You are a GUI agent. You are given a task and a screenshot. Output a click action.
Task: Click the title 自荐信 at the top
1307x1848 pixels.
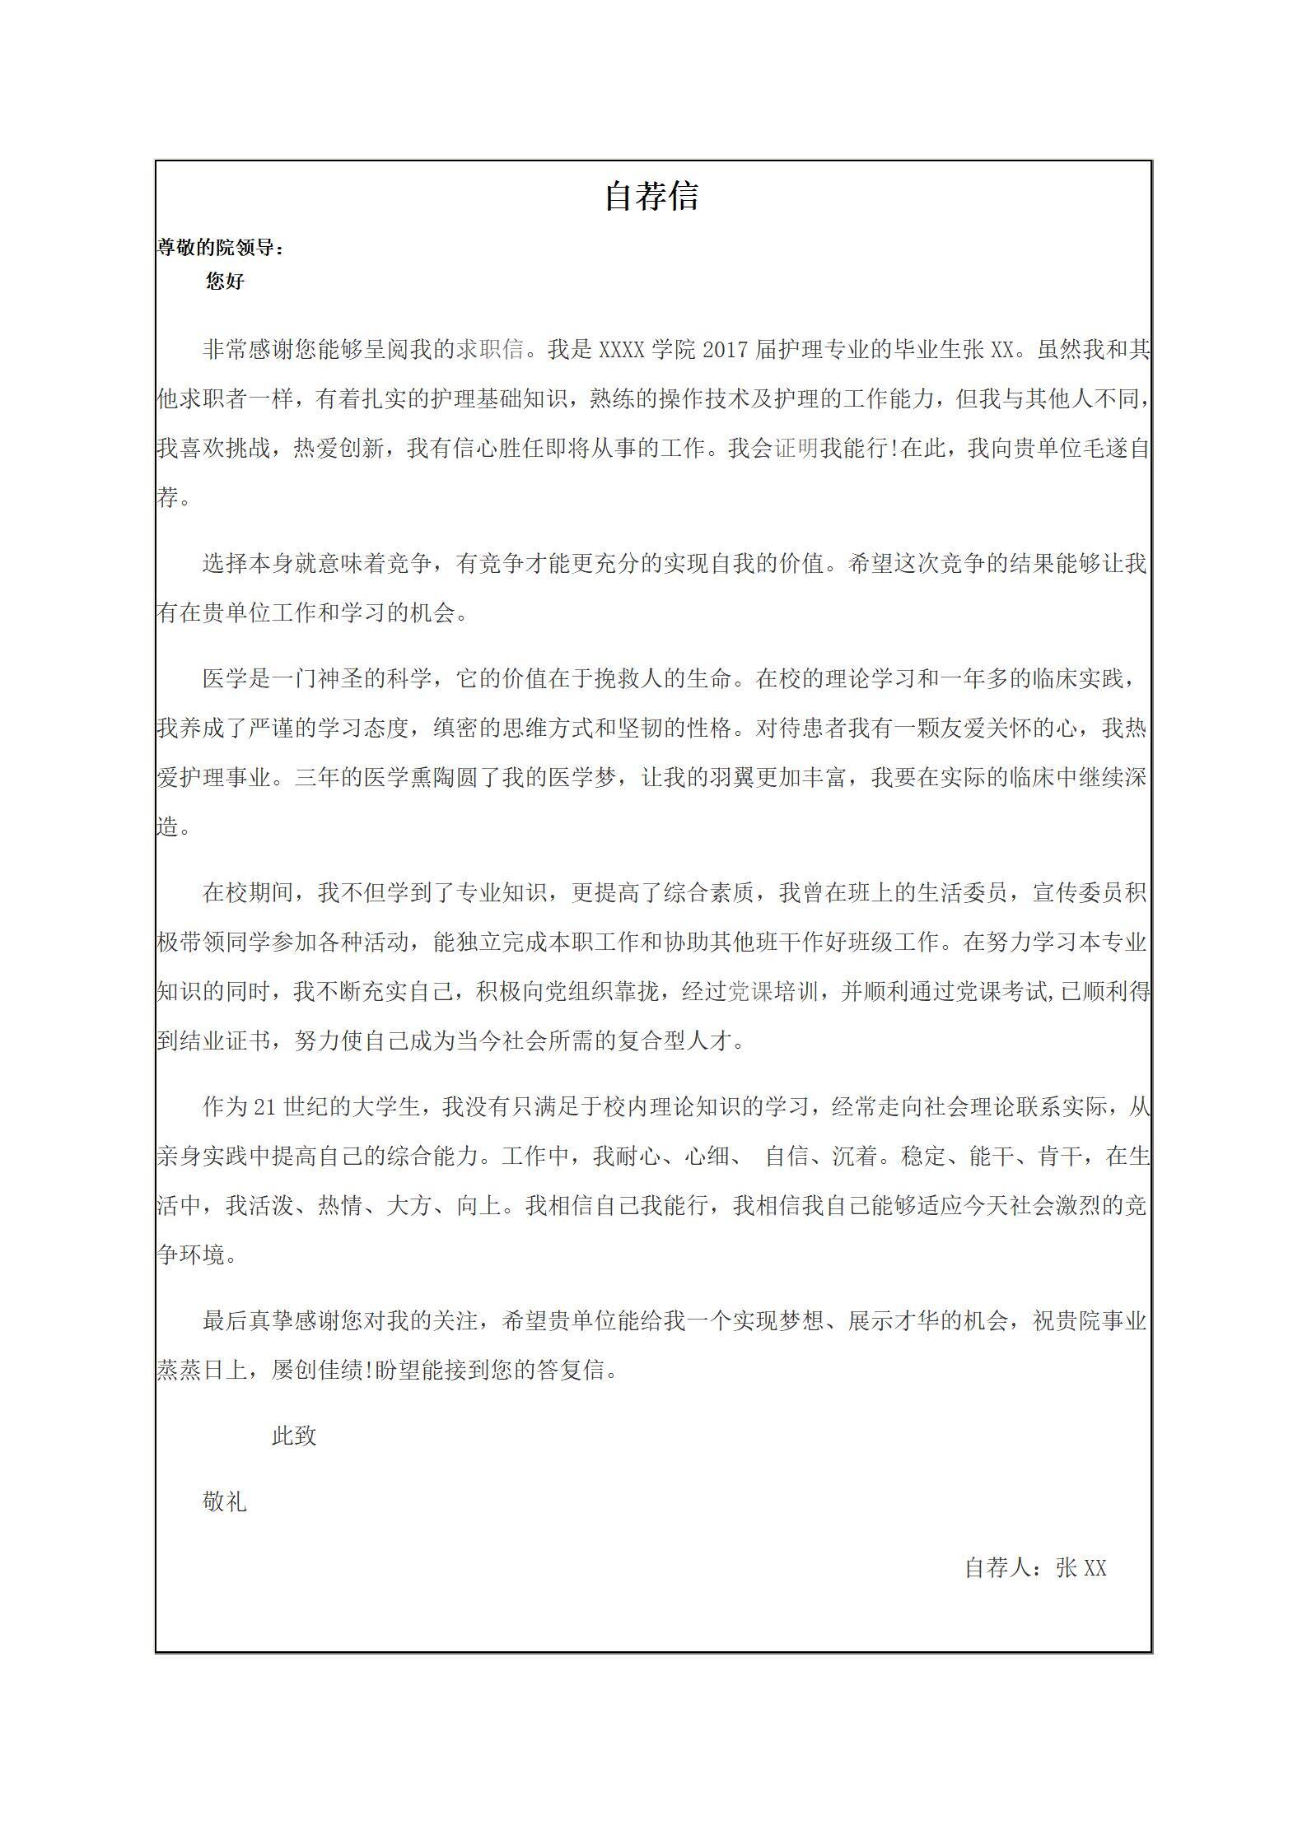(x=651, y=197)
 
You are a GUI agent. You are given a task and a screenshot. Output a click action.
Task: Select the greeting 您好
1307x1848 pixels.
(x=225, y=282)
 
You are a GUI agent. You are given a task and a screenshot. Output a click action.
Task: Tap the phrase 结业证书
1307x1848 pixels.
(x=225, y=1041)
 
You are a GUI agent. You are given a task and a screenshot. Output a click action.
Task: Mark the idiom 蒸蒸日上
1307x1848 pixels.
(x=202, y=1371)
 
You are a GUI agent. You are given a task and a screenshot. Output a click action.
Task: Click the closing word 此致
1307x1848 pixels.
(x=294, y=1436)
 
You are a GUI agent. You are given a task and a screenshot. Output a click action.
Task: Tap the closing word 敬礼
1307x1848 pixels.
(x=225, y=1502)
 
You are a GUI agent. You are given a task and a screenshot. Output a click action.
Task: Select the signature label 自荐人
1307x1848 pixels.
(x=998, y=1568)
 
